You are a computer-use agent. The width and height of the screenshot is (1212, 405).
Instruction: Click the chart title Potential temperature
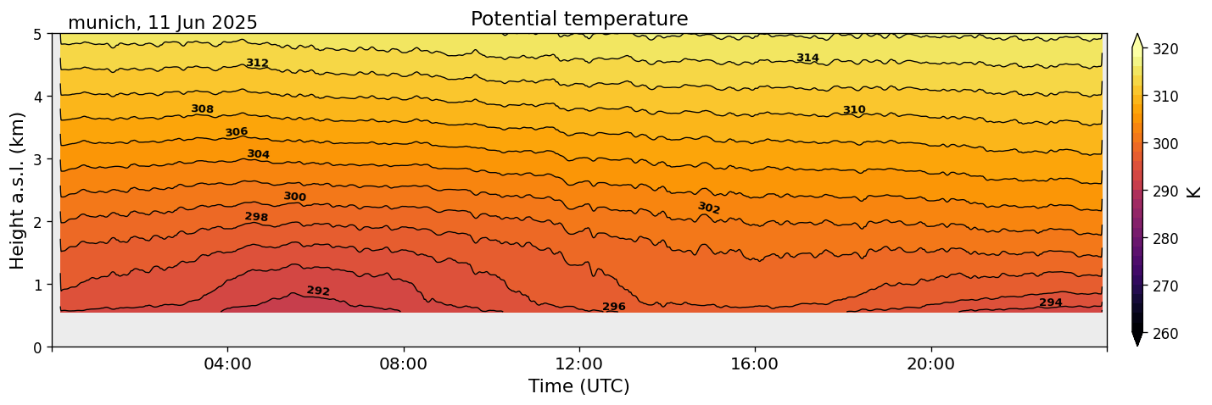[x=579, y=19]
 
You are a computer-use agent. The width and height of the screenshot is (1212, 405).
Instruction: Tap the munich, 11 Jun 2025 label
[x=162, y=23]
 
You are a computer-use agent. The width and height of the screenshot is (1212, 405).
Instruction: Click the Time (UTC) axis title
[x=579, y=386]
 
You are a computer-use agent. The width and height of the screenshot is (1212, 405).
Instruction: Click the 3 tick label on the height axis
[x=38, y=159]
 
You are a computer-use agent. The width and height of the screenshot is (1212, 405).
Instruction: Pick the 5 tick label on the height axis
[x=38, y=34]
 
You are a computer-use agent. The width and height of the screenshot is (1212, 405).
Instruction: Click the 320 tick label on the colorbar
[x=1165, y=49]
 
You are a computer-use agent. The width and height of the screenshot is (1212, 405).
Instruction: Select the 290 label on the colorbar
[x=1165, y=191]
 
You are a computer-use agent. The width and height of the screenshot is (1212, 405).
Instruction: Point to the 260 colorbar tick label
[x=1165, y=334]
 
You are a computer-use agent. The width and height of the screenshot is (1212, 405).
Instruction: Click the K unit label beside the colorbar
[x=1194, y=191]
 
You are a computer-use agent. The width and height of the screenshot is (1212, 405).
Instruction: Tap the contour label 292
[x=318, y=291]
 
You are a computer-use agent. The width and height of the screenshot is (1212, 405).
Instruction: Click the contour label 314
[x=807, y=58]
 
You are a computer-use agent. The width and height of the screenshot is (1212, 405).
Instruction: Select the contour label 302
[x=709, y=208]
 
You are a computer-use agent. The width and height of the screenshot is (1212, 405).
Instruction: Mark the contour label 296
[x=613, y=307]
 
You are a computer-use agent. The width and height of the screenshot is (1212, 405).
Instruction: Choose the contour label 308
[x=202, y=108]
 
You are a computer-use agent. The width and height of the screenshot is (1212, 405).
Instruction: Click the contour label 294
[x=1050, y=302]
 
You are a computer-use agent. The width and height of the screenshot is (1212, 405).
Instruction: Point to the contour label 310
[x=854, y=110]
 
